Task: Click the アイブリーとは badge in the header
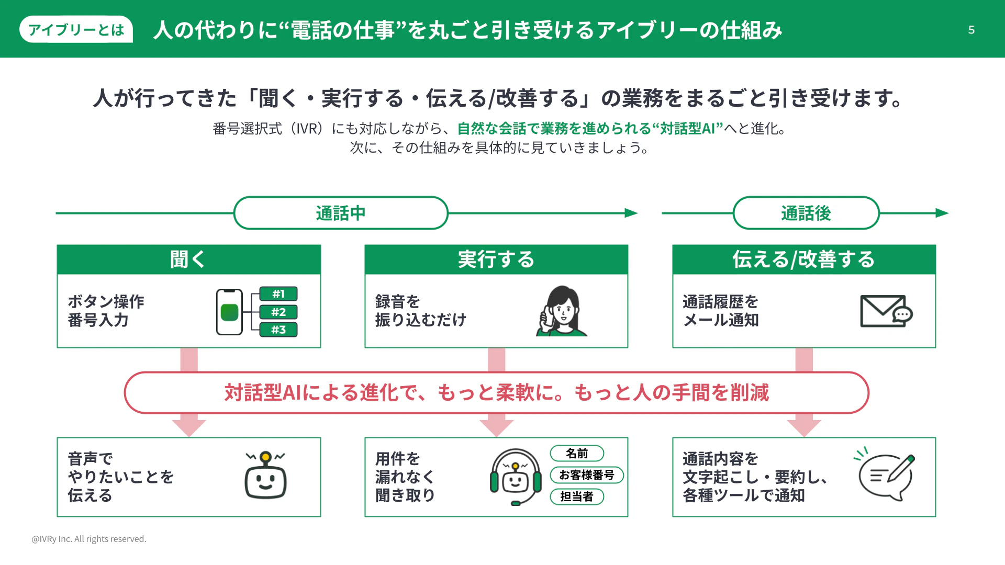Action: (76, 29)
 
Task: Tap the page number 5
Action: (971, 30)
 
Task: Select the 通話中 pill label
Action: (341, 213)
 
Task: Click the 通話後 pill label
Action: (806, 213)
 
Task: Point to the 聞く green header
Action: (188, 259)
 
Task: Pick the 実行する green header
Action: (496, 259)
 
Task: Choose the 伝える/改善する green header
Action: (803, 259)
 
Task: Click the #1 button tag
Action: (278, 294)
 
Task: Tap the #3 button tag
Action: (278, 330)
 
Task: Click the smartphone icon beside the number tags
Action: (229, 312)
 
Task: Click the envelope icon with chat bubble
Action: (886, 311)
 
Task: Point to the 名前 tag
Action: (577, 454)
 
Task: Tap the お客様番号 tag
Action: (587, 475)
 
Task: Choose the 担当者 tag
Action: (577, 496)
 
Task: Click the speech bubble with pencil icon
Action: (886, 475)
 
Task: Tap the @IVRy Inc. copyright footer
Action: (89, 539)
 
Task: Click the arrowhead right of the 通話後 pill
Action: (942, 213)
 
